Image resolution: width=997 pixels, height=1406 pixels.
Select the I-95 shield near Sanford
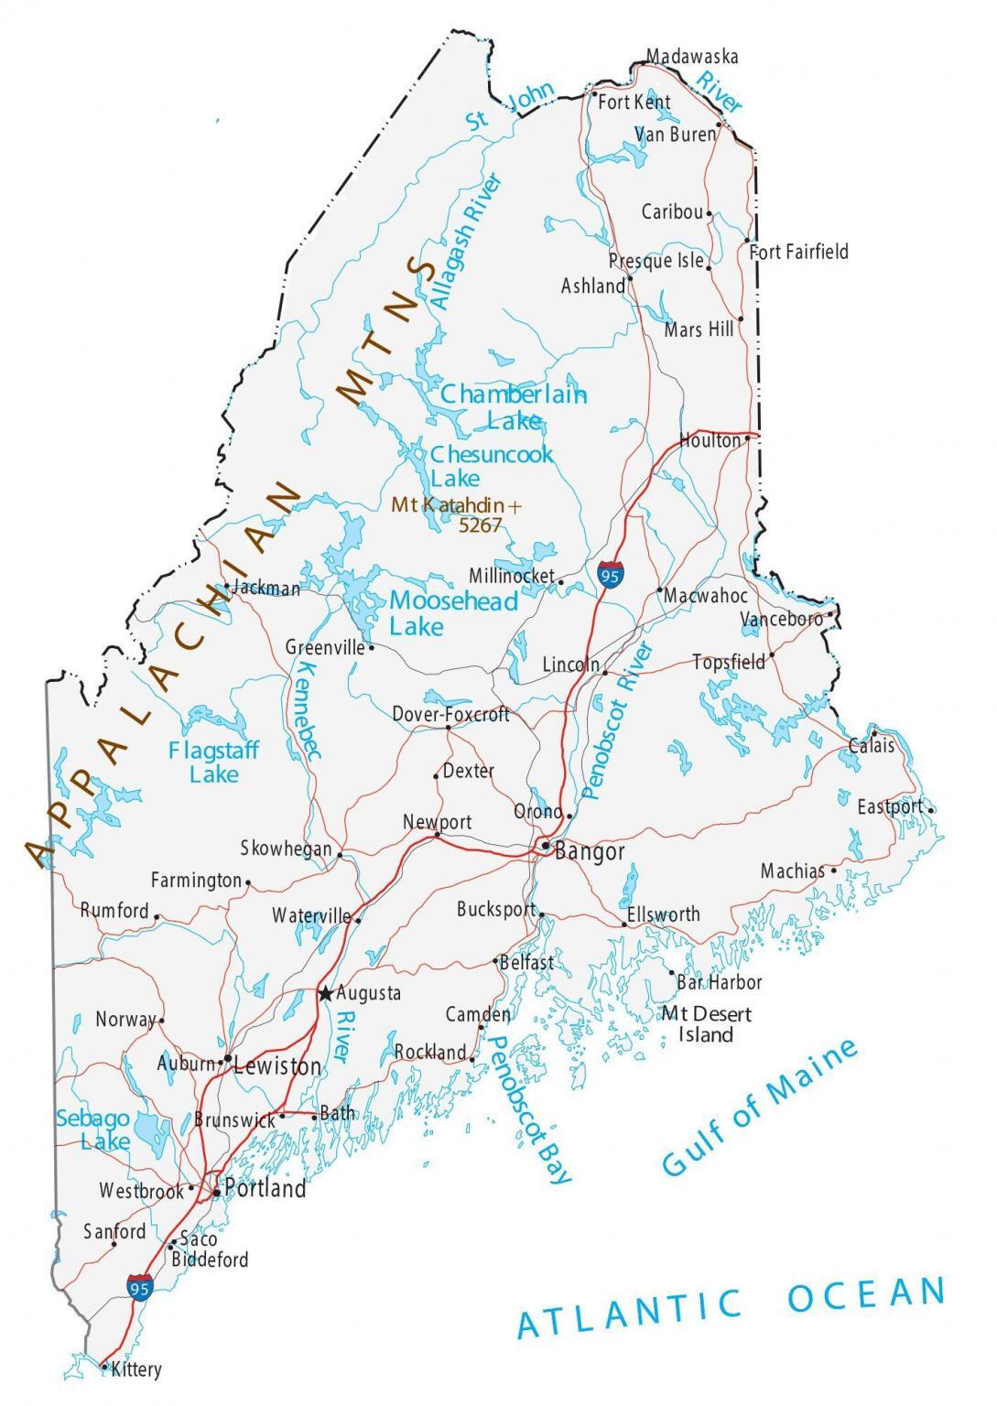click(x=139, y=1286)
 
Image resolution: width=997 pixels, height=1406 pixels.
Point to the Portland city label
click(x=265, y=1189)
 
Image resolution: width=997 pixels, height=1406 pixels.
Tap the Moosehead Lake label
click(x=453, y=613)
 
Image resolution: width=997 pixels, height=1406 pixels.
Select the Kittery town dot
click(x=103, y=1368)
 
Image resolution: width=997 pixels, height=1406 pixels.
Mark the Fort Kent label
click(x=634, y=102)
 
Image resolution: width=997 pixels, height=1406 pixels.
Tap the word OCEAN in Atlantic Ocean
click(x=865, y=1294)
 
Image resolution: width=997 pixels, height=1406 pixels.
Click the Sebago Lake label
click(x=92, y=1130)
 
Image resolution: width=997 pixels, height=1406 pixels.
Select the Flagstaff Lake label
click(x=213, y=762)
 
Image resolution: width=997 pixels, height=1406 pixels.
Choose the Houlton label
click(x=710, y=440)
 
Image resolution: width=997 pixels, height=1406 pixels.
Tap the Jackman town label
click(x=266, y=589)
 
